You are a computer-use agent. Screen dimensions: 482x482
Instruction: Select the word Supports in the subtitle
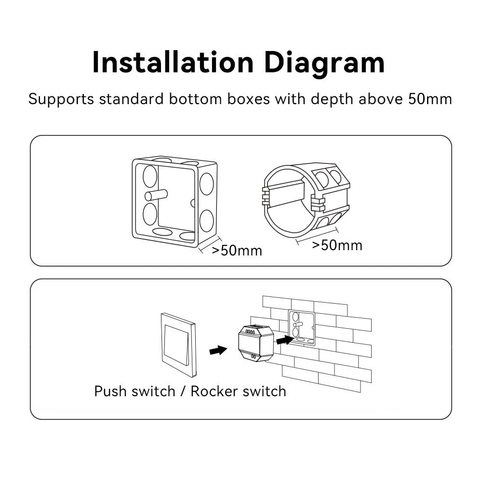tap(61, 99)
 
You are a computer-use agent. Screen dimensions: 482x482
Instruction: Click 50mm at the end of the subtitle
tap(430, 99)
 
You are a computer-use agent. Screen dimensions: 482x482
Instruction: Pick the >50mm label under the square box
tap(237, 251)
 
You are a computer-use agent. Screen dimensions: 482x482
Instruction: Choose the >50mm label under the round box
tap(337, 245)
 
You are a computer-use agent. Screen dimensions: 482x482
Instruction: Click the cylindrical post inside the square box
tap(156, 195)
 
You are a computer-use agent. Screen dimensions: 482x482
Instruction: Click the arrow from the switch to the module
tap(218, 350)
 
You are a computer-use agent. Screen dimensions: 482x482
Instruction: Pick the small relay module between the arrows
tap(254, 342)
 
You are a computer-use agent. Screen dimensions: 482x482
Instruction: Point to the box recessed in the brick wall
tap(301, 328)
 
